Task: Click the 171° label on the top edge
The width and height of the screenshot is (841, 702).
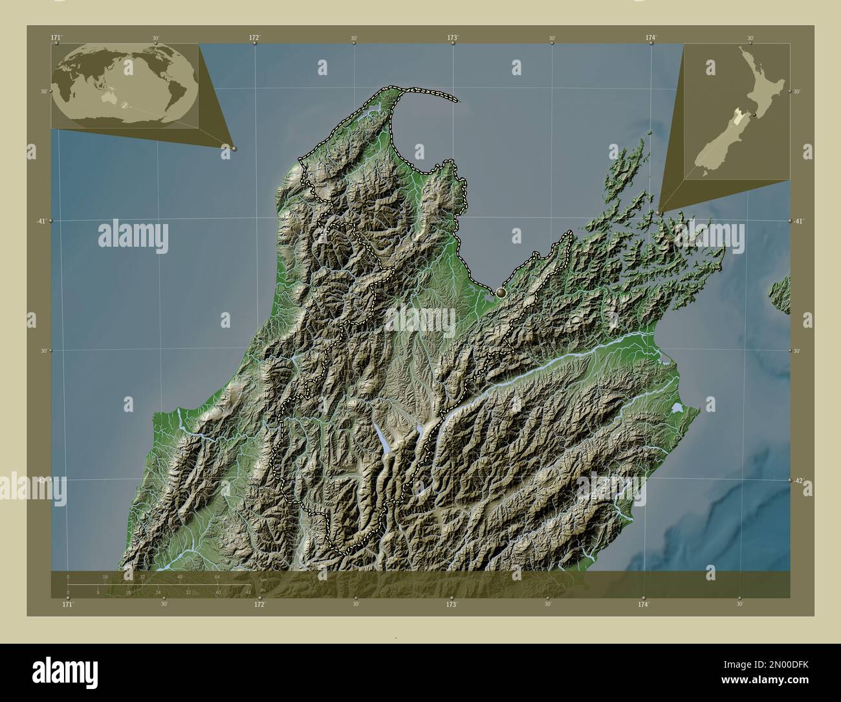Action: pyautogui.click(x=56, y=38)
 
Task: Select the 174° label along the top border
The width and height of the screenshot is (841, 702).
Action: pyautogui.click(x=651, y=38)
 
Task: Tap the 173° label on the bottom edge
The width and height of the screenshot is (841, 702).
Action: pyautogui.click(x=452, y=604)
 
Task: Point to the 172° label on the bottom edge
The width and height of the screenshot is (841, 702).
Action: pyautogui.click(x=259, y=604)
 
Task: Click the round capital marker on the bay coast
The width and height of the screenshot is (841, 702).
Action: pyautogui.click(x=501, y=293)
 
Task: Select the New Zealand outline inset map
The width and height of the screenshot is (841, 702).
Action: pyautogui.click(x=736, y=111)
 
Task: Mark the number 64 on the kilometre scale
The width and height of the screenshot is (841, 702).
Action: pyautogui.click(x=217, y=576)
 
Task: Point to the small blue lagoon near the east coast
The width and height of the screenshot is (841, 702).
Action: pyautogui.click(x=677, y=408)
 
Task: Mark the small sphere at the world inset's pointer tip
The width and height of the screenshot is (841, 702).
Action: pyautogui.click(x=234, y=148)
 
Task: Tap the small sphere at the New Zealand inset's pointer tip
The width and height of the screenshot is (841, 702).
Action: pyautogui.click(x=658, y=212)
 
